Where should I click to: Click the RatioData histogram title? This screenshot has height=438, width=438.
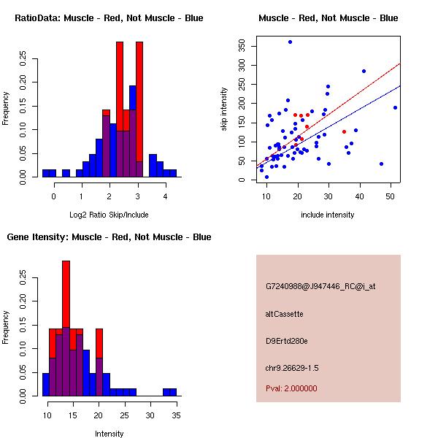point(109,18)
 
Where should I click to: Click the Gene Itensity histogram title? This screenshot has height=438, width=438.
point(109,237)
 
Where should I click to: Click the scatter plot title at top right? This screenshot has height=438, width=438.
point(328,18)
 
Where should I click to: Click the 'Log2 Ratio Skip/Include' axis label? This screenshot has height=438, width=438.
point(109,215)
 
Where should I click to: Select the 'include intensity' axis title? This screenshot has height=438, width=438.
point(328,215)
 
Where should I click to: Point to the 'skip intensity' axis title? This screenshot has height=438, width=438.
point(225,109)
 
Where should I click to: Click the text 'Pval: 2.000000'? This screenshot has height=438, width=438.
point(291,388)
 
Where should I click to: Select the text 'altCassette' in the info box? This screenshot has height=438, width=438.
point(285,314)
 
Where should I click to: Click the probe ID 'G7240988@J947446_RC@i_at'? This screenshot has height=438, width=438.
point(320,287)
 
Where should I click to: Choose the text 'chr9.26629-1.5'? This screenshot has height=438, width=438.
point(292,367)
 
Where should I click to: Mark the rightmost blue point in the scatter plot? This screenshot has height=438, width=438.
point(395,107)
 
